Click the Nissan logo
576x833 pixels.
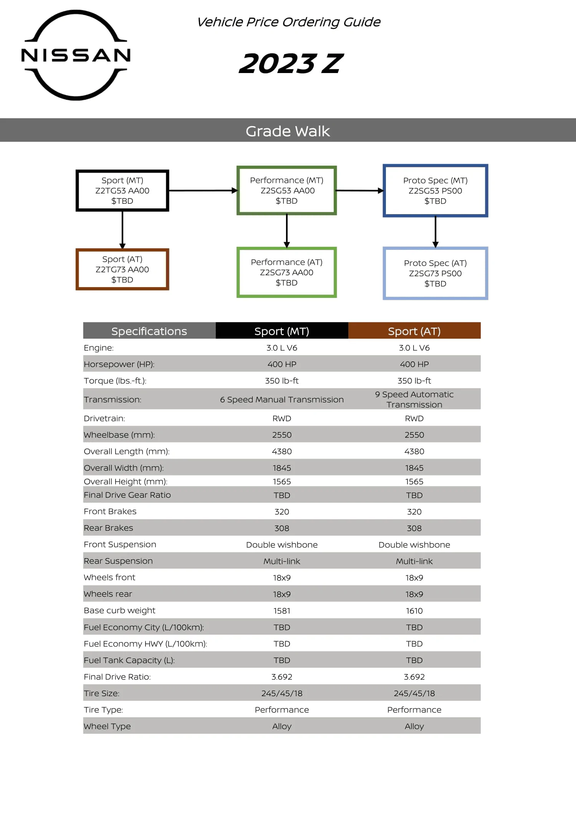coord(76,55)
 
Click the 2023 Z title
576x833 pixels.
coord(290,64)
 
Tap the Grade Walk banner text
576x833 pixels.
coord(288,131)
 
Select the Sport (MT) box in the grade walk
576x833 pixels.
coord(122,191)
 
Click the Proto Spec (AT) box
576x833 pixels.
coord(435,273)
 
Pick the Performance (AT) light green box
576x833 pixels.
coord(286,272)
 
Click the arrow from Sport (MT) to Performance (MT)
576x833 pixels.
coord(203,190)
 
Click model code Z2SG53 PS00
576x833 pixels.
coord(435,191)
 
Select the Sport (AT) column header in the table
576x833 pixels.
coord(414,331)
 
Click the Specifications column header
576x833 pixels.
coord(149,331)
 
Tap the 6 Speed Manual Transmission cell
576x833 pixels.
coord(281,400)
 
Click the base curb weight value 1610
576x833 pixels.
coord(414,611)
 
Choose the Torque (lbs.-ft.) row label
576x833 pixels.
coord(115,381)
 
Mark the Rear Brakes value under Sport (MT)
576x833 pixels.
coord(281,528)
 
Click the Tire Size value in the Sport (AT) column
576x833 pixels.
coord(414,693)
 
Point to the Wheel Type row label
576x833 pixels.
coord(107,727)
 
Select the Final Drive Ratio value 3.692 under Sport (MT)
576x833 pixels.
coord(281,677)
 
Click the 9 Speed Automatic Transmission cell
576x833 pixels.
coord(414,399)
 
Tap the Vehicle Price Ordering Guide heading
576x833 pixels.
coord(288,22)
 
